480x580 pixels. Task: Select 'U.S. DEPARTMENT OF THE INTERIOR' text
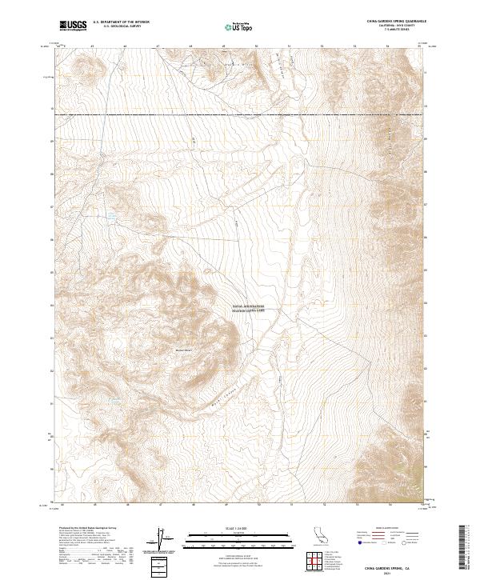(x=121, y=22)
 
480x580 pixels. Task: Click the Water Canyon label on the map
(x=216, y=398)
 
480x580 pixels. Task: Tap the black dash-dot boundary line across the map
(x=240, y=114)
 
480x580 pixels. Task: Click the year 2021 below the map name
(x=394, y=573)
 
